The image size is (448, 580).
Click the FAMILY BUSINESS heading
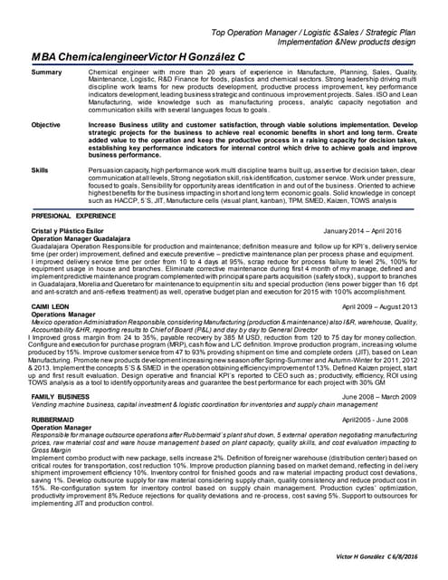point(61,396)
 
